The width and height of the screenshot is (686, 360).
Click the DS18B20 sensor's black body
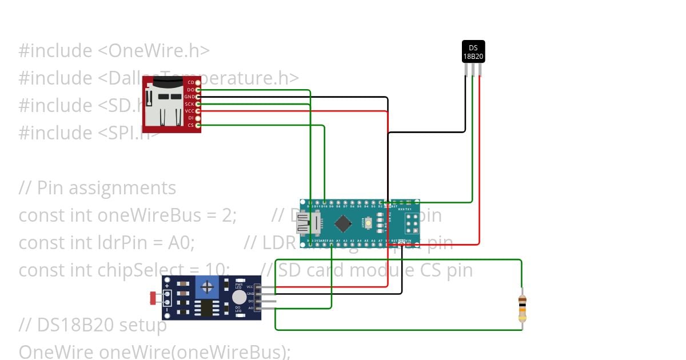coord(473,51)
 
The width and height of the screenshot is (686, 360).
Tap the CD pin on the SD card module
coord(198,83)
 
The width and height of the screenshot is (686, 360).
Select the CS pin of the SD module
coord(198,125)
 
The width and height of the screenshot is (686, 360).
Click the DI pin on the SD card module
coord(198,118)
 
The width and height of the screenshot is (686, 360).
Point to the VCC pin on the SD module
coord(198,111)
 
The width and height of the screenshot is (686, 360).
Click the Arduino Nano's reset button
coord(369,222)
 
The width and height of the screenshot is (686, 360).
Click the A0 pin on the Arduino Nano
coord(332,242)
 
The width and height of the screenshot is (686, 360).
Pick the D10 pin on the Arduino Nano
coord(324,203)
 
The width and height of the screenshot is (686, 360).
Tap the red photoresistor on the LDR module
coord(153,297)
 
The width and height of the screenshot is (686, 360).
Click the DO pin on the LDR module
coord(257,301)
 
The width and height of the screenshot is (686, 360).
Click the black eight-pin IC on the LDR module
coord(205,308)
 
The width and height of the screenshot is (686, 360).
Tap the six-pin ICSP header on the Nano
coord(410,223)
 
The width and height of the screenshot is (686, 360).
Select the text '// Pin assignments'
coord(97,188)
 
